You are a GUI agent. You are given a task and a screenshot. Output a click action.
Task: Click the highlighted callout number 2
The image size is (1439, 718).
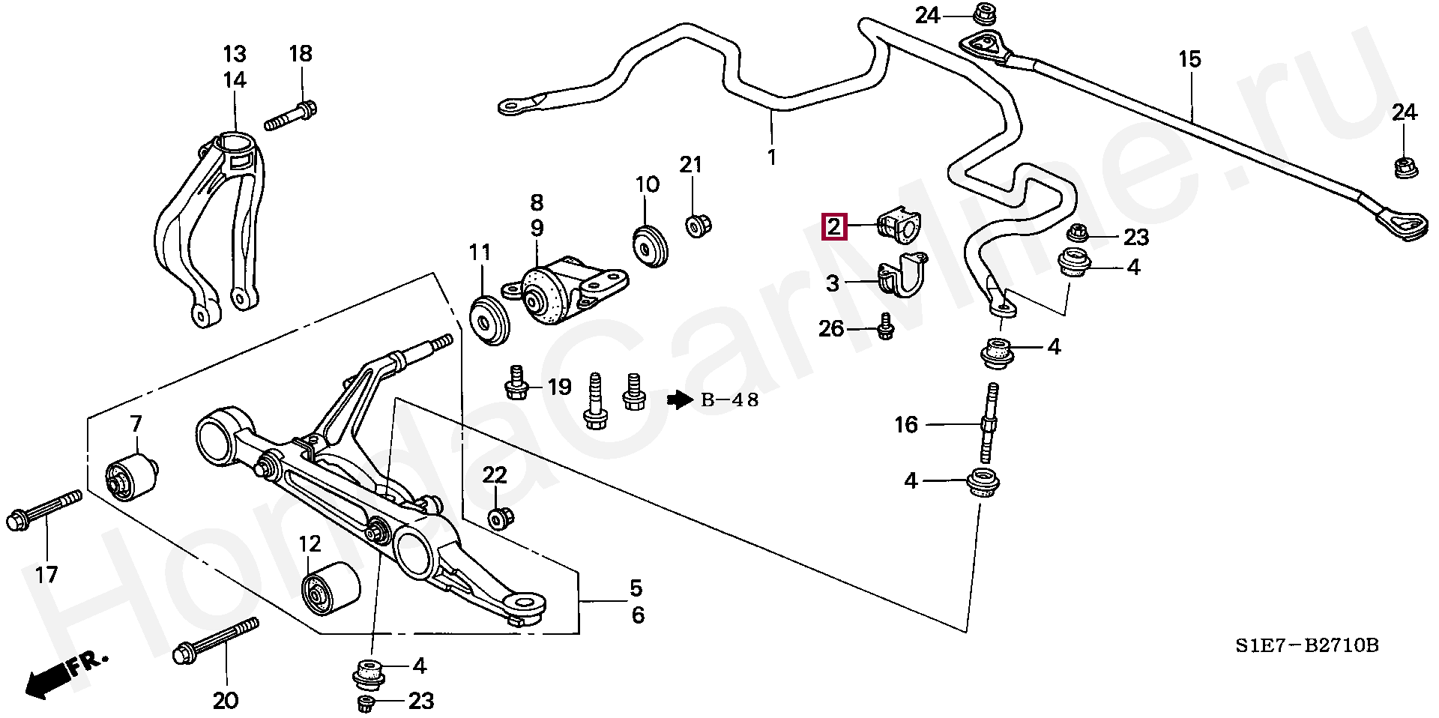click(x=835, y=226)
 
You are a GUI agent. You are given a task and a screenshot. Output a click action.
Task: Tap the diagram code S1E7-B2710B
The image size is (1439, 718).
click(x=1307, y=645)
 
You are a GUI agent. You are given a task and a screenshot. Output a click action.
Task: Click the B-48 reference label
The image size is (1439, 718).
click(x=729, y=400)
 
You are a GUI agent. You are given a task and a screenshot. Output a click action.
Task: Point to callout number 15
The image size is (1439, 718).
click(x=1189, y=59)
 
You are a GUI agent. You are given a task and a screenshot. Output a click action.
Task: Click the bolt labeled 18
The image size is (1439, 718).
click(x=291, y=117)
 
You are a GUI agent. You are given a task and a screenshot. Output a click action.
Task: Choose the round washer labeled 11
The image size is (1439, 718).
click(x=490, y=321)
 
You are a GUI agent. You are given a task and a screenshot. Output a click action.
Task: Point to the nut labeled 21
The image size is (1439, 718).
click(x=699, y=224)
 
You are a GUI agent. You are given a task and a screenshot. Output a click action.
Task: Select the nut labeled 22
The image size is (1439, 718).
click(x=499, y=518)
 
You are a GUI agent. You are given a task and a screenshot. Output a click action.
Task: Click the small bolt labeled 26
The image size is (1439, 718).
click(x=885, y=328)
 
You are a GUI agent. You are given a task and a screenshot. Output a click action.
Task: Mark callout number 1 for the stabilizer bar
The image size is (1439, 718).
click(x=771, y=157)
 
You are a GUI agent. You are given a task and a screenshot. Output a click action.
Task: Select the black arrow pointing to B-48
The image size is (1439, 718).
click(x=679, y=400)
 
